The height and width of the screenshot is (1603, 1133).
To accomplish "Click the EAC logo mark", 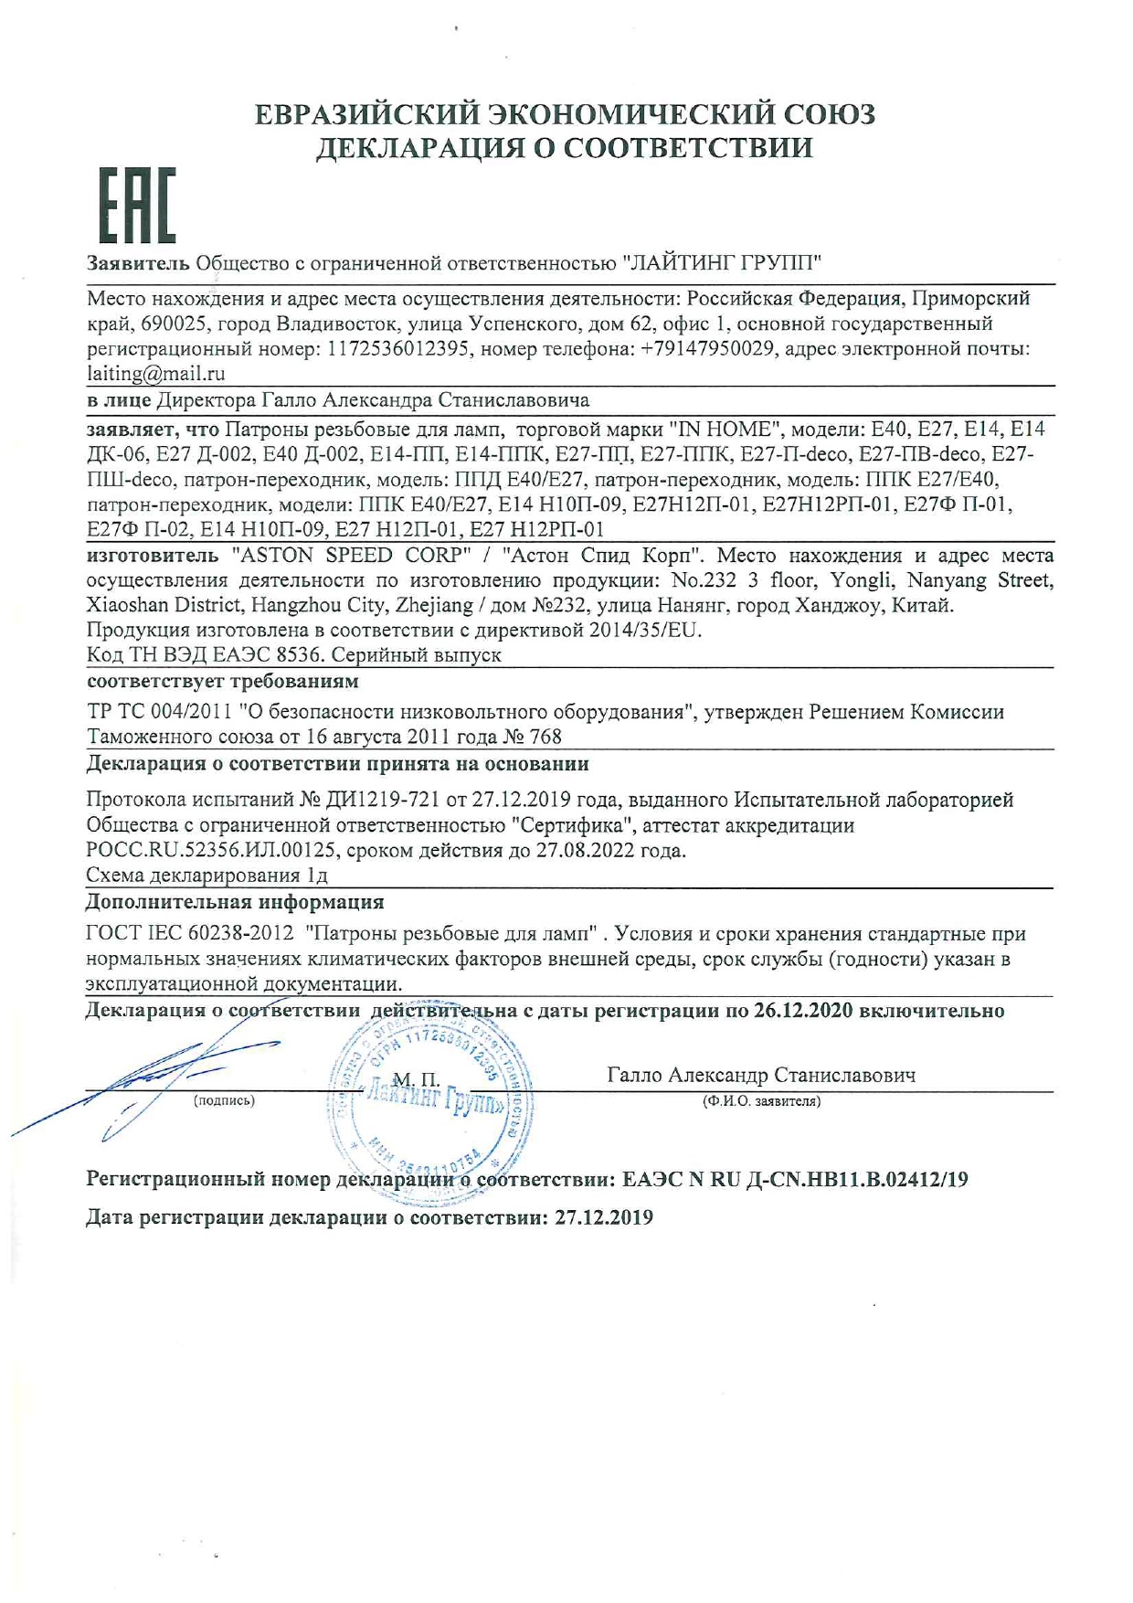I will pos(137,207).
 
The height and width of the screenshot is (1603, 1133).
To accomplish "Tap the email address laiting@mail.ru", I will pos(155,374).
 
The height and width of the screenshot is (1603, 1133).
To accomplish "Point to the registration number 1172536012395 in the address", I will pos(398,349).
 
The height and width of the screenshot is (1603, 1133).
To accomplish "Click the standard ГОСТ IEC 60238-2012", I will pos(190,934).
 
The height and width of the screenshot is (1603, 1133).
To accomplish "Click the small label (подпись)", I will pos(224,1101).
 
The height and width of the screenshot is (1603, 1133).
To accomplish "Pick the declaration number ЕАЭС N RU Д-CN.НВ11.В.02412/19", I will pos(795,1180).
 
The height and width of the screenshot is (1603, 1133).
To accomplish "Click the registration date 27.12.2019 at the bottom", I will pos(604,1218).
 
